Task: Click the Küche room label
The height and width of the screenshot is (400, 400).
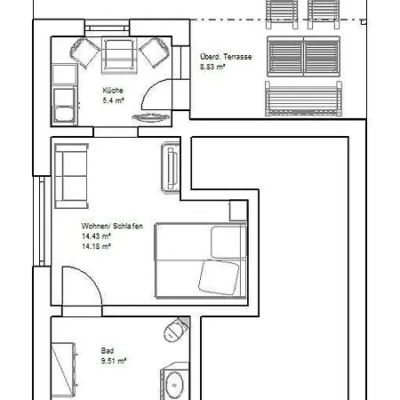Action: click(x=113, y=91)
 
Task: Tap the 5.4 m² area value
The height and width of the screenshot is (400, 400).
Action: click(x=113, y=100)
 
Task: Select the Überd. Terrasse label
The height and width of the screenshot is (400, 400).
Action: click(x=226, y=57)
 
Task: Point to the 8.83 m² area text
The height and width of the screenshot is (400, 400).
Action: click(x=212, y=67)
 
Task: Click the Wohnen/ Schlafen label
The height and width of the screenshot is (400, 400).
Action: click(x=112, y=226)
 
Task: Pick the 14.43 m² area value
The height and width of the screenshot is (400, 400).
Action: click(x=96, y=236)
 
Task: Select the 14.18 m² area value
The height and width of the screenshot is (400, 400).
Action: click(x=96, y=246)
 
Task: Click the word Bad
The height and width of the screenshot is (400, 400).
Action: click(x=108, y=351)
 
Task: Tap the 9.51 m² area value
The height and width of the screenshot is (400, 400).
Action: click(x=114, y=361)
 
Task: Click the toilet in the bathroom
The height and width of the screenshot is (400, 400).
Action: click(x=176, y=330)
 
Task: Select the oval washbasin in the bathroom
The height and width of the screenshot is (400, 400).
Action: click(x=174, y=386)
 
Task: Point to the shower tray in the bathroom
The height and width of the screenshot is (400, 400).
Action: click(x=63, y=371)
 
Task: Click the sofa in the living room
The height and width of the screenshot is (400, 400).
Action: click(x=71, y=176)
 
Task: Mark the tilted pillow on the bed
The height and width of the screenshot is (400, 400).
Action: click(x=219, y=277)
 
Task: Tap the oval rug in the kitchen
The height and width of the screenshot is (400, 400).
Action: click(x=151, y=117)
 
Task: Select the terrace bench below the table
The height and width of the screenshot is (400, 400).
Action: click(x=303, y=99)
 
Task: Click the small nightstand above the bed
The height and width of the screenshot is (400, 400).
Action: click(x=238, y=211)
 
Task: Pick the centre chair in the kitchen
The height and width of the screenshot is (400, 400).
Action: click(x=119, y=55)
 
